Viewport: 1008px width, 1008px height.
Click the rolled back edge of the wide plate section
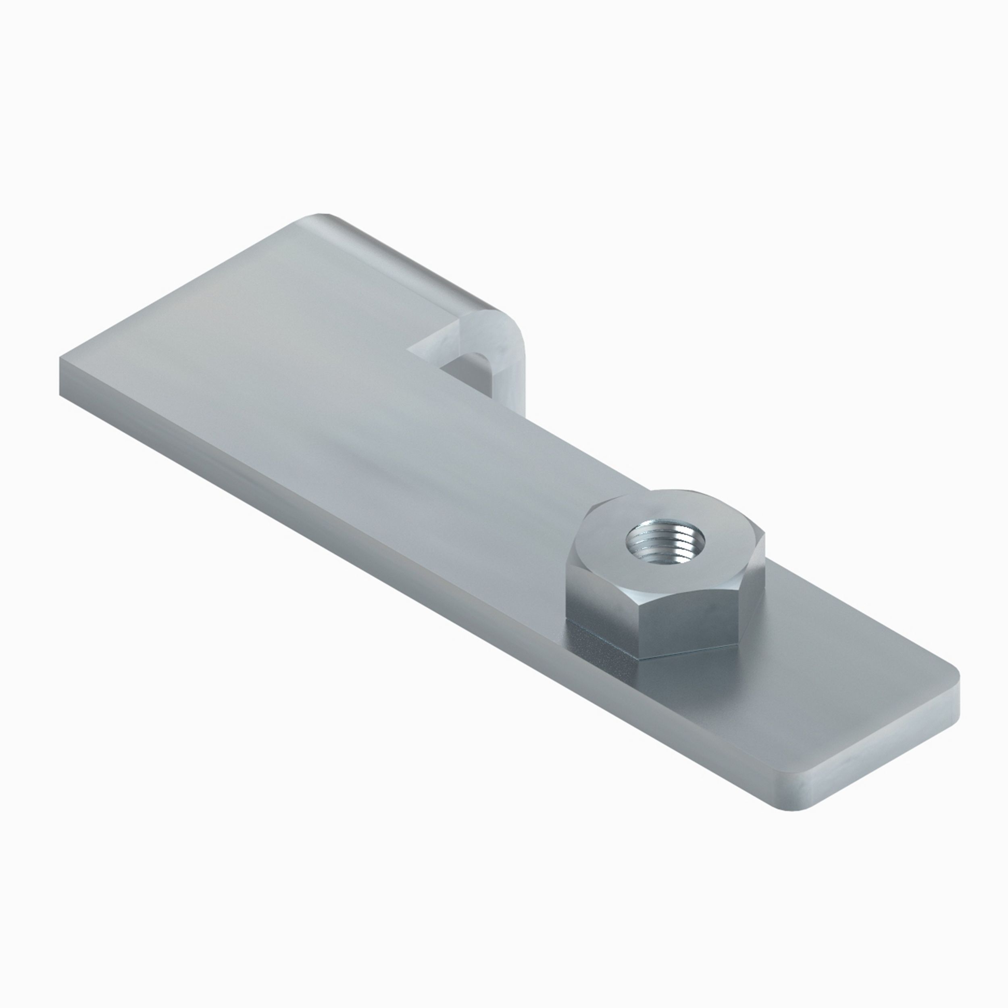[407, 261]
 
